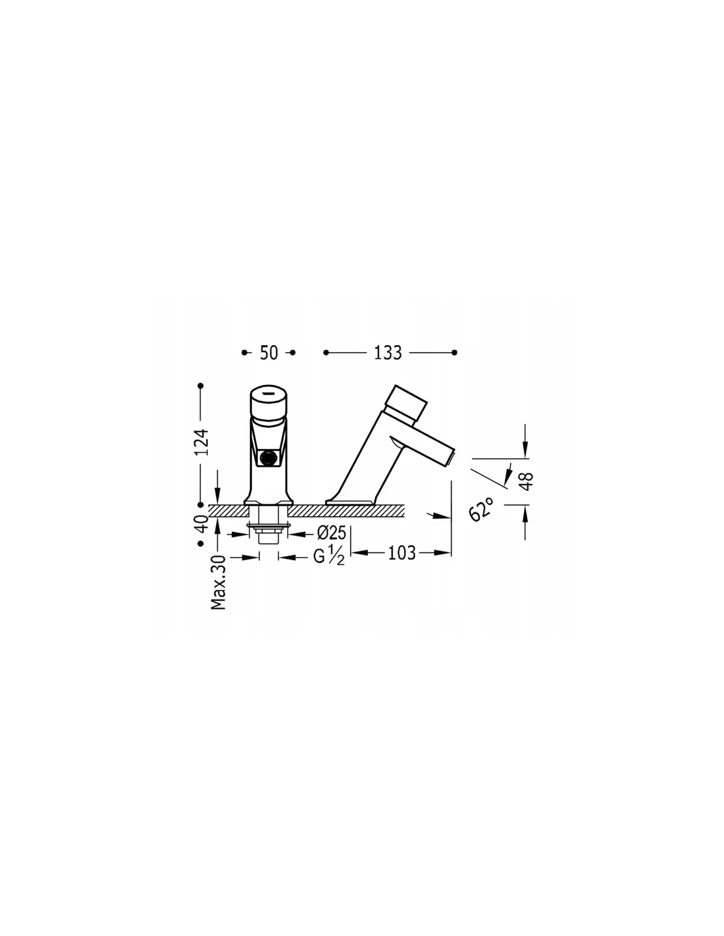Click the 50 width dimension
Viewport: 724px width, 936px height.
[269, 353]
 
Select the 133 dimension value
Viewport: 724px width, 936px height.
[388, 353]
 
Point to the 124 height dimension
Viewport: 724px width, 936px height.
[201, 442]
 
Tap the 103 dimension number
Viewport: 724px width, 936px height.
[402, 553]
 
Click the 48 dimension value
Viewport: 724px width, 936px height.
[527, 481]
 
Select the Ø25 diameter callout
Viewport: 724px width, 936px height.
[332, 533]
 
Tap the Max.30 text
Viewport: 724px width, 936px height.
[219, 583]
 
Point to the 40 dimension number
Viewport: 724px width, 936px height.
[201, 524]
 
